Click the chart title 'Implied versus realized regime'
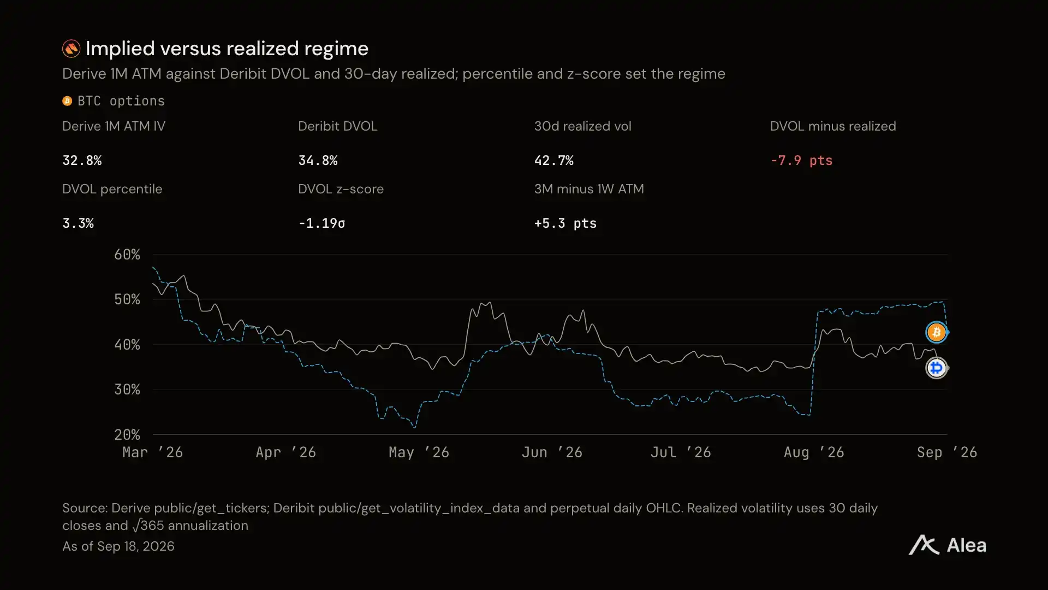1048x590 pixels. tap(227, 49)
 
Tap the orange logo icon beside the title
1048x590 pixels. tap(71, 49)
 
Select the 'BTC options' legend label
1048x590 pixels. tap(121, 101)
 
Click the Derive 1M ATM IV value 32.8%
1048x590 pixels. tap(82, 161)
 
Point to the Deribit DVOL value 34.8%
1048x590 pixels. tap(318, 161)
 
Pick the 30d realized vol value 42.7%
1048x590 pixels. tap(553, 161)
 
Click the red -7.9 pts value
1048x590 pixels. tap(801, 161)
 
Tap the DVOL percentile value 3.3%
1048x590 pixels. tap(78, 223)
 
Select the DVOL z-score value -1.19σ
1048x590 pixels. tap(321, 223)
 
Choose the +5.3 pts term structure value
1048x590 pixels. tap(565, 223)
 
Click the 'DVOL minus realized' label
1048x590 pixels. tap(833, 126)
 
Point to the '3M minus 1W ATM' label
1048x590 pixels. tap(589, 189)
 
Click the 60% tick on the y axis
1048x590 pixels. tap(127, 255)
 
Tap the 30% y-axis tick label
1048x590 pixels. tap(127, 390)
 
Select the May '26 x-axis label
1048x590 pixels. tap(419, 452)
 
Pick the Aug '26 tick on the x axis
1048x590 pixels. tap(814, 452)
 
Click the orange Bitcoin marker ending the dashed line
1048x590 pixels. tap(937, 332)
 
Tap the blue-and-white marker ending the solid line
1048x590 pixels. tap(937, 368)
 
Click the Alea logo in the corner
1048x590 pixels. tap(948, 545)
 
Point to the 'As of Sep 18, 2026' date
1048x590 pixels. tap(118, 546)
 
